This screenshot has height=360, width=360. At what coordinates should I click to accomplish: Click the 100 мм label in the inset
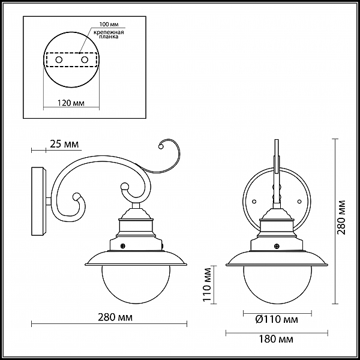[109, 25]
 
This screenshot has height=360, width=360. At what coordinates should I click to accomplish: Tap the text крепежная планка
[109, 34]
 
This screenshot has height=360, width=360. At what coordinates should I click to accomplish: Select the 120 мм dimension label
[71, 103]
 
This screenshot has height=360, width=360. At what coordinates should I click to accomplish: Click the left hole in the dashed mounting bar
[59, 60]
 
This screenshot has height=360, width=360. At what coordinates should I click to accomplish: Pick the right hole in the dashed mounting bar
[85, 60]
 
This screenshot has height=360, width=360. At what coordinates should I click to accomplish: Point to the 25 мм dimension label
[64, 144]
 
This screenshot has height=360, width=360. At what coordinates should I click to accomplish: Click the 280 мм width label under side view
[115, 317]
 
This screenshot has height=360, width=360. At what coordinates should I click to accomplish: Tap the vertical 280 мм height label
[341, 217]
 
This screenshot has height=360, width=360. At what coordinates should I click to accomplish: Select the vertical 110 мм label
[208, 284]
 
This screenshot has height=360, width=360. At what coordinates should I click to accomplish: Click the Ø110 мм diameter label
[277, 319]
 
